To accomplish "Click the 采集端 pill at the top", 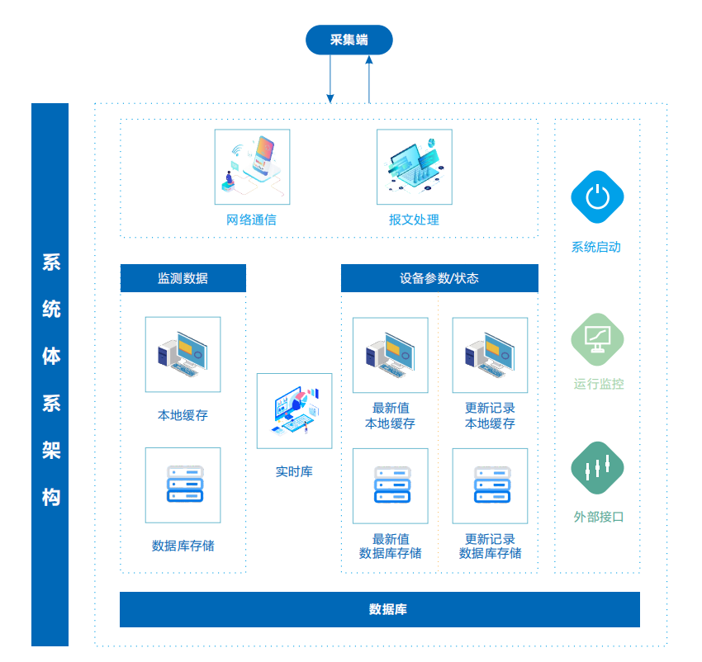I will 349,40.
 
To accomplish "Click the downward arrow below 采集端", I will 330,79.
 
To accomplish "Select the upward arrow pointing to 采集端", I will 369,79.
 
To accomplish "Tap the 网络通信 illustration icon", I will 252,167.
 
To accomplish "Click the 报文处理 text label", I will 414,220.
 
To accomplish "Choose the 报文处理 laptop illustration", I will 414,167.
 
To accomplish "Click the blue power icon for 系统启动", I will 597,197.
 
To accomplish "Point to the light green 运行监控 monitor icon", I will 597,338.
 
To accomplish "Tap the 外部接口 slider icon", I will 597,469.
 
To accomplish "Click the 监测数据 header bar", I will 183,278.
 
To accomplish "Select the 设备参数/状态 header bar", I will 439,278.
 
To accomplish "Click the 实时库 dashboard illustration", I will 294,411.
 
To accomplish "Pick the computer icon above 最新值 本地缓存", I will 390,355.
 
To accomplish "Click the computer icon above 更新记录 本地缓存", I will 490,355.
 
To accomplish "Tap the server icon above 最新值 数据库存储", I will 390,485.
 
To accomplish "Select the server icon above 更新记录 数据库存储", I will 490,485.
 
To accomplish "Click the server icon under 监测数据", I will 183,485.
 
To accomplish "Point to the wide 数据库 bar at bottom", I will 380,609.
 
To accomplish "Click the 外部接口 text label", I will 598,517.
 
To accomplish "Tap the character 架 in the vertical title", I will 50,451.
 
